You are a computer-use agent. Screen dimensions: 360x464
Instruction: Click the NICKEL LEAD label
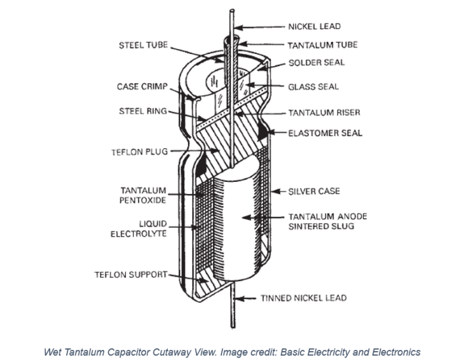coord(314,27)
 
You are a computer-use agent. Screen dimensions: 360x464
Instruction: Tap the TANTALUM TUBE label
coord(322,45)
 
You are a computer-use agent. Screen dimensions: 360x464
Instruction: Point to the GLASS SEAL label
coord(313,87)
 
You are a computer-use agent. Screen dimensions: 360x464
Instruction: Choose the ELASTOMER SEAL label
coord(325,133)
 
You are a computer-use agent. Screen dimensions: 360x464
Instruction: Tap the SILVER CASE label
coord(314,191)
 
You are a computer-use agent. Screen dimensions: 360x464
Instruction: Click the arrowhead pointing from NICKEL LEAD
coord(242,27)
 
